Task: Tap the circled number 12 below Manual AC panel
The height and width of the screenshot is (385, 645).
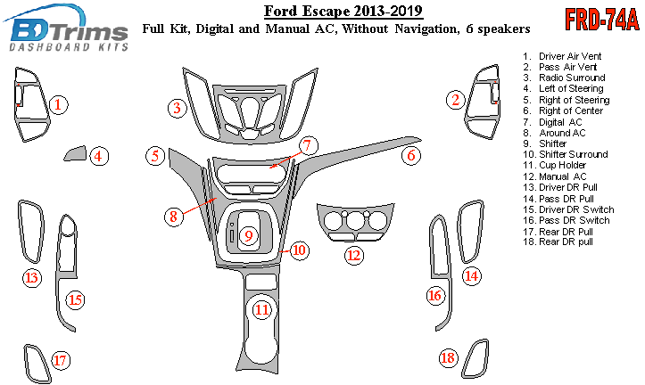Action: click(354, 256)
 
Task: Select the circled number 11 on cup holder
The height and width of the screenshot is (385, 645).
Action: click(261, 310)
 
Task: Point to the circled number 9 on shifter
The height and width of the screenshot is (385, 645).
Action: click(250, 235)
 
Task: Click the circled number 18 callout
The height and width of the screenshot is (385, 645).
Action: click(448, 358)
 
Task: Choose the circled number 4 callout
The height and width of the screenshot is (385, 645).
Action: click(99, 158)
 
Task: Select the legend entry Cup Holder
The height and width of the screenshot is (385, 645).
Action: click(562, 166)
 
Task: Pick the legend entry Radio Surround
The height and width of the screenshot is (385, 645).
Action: click(571, 78)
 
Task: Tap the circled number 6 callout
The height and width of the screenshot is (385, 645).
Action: click(410, 156)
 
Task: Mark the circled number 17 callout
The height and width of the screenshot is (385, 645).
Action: click(60, 360)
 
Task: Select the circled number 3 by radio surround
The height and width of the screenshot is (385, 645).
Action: click(178, 108)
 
